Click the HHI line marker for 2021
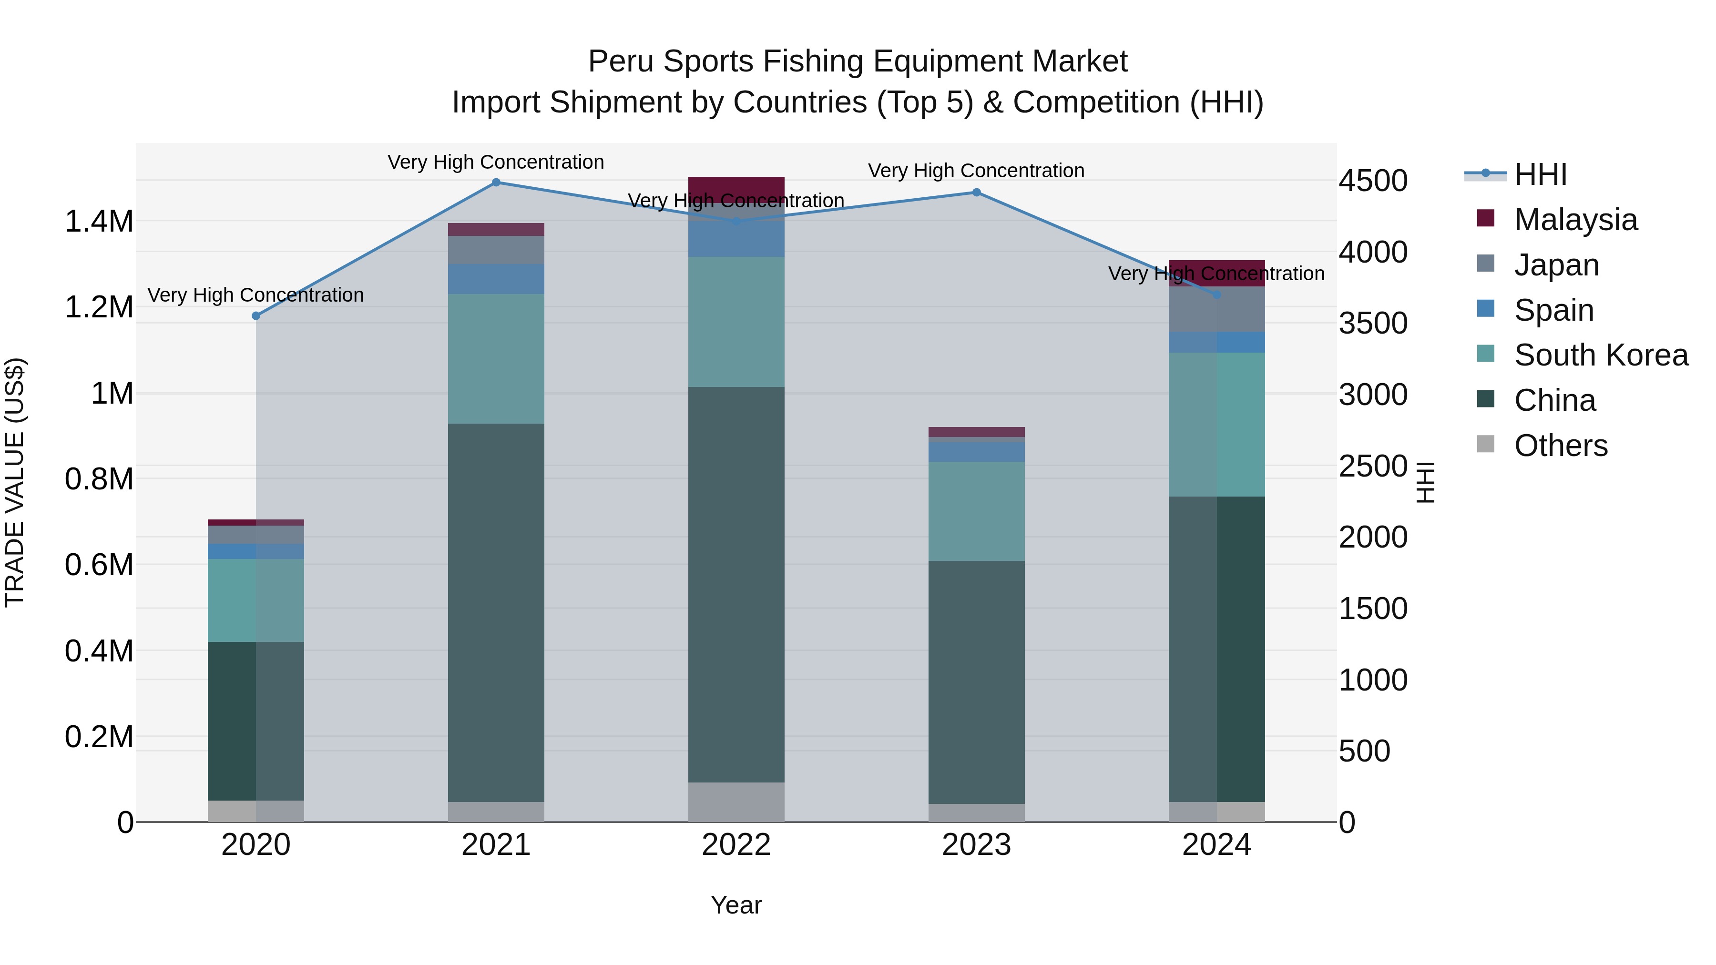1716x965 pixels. (496, 183)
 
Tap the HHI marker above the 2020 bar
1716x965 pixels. (256, 315)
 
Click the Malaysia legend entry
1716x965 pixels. (1575, 220)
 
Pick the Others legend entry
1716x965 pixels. (1560, 446)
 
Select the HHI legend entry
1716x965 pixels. (1540, 174)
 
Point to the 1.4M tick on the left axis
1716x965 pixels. (99, 221)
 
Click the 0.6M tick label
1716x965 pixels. (99, 565)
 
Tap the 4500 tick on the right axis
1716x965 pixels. (1373, 181)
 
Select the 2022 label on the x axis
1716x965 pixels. (736, 845)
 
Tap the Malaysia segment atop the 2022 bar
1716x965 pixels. (736, 186)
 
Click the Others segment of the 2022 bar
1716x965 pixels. (736, 802)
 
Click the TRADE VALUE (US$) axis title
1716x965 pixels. (15, 482)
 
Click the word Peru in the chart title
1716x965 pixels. (621, 61)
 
